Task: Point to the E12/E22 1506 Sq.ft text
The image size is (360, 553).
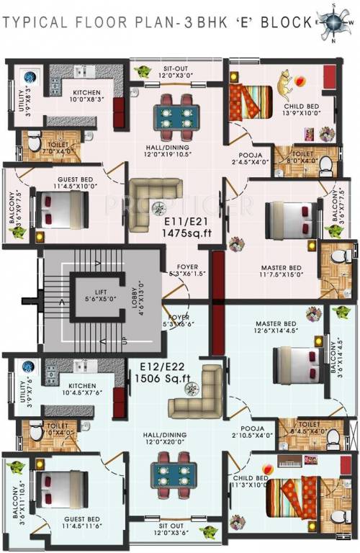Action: click(x=165, y=374)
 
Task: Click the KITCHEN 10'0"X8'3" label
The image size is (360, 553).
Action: click(x=91, y=96)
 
